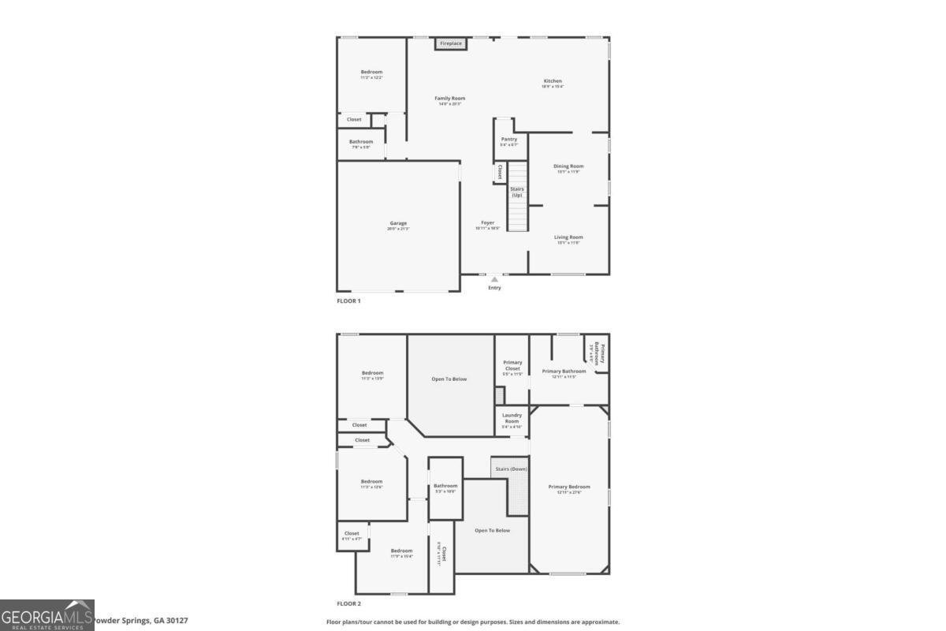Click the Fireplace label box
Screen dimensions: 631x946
tap(451, 43)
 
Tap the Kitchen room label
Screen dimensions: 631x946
tap(553, 82)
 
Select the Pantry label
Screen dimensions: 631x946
tap(509, 140)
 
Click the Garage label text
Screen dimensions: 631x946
tap(398, 224)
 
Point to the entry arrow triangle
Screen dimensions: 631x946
tap(494, 278)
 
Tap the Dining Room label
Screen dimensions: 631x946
tap(568, 166)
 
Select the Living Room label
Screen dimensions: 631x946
tap(568, 237)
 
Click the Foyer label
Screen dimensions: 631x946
tap(488, 223)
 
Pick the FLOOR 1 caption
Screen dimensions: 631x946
tap(348, 301)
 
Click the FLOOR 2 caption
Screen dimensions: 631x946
tap(348, 603)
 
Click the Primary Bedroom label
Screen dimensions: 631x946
tap(569, 487)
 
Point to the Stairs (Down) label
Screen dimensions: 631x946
tap(511, 469)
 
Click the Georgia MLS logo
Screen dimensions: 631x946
tap(47, 614)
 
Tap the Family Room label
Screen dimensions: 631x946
tap(450, 99)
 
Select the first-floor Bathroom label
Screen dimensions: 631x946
tap(361, 142)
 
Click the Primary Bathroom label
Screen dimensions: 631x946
tap(564, 372)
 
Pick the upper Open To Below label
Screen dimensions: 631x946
tap(449, 379)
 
